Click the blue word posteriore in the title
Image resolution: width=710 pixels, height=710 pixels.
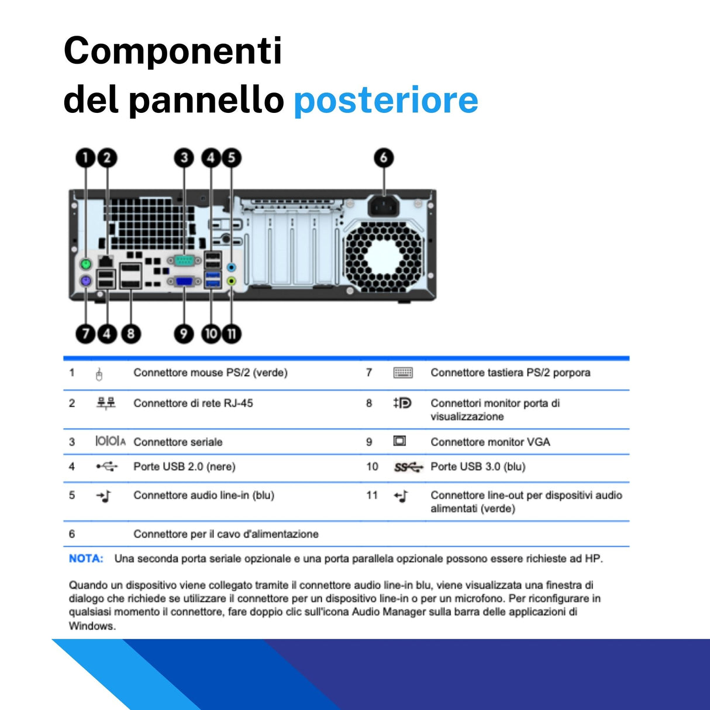pos(386,100)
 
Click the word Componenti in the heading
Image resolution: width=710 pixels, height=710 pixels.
pos(173,51)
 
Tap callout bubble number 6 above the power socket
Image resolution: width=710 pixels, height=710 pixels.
pos(384,157)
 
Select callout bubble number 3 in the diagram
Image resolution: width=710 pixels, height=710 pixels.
pos(184,157)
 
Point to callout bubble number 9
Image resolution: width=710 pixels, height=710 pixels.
pos(184,333)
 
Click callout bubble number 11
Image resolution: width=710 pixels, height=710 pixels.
pos(232,333)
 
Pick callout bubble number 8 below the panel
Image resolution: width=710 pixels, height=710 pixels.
pos(131,333)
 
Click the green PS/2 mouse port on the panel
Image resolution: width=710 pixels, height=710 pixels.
pos(86,264)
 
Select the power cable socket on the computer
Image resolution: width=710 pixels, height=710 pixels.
pos(383,206)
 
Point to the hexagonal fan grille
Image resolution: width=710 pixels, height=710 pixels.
pos(383,257)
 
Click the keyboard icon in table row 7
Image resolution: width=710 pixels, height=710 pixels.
pos(403,373)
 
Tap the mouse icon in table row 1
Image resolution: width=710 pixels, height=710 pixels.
pos(99,374)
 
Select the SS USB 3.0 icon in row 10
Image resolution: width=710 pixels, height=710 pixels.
pos(408,467)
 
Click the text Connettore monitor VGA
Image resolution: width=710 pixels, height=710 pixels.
pos(490,442)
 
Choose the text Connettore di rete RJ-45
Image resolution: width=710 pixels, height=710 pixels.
pos(193,403)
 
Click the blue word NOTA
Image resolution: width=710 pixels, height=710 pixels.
pos(86,559)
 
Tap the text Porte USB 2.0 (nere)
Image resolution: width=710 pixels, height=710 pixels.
pos(184,467)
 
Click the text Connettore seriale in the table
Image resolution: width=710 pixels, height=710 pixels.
pos(178,442)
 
